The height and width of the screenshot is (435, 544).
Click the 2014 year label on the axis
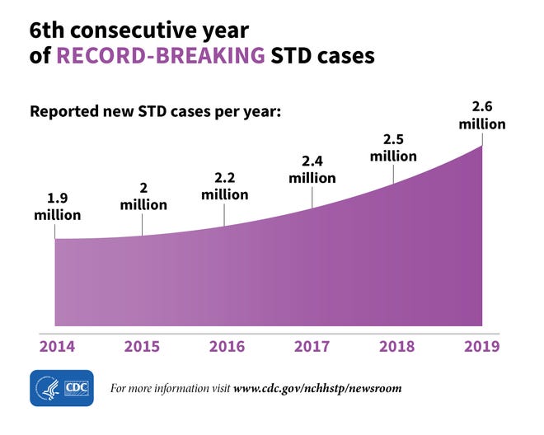coord(56,346)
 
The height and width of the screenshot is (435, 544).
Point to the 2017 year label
coord(312,346)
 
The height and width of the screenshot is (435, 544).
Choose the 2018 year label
coord(396,346)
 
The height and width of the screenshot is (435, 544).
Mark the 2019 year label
coord(481,346)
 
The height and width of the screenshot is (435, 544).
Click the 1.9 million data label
coord(57,208)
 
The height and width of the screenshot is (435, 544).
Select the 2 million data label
coord(143,196)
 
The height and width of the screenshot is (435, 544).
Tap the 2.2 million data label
coord(225,185)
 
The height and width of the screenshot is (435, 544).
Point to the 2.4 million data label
coord(312,169)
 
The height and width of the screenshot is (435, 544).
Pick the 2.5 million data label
coord(393,147)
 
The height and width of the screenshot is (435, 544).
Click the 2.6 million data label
coord(481,115)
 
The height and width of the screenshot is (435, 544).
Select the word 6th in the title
coord(48,30)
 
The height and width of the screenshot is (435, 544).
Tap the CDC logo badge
coord(63,387)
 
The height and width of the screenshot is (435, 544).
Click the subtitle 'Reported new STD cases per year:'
coord(156,110)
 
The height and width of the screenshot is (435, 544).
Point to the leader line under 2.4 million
coord(312,196)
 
